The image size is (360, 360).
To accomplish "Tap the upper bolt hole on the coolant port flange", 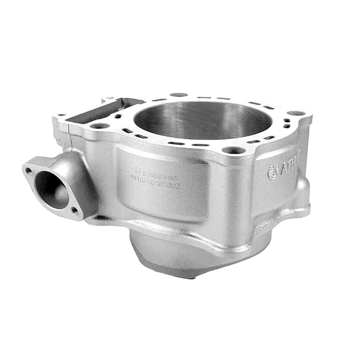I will (x=28, y=170).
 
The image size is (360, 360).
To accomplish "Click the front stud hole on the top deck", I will (x=234, y=150).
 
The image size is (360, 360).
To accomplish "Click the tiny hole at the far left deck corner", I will (x=60, y=115).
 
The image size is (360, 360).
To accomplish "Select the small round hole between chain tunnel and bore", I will (x=119, y=116).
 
